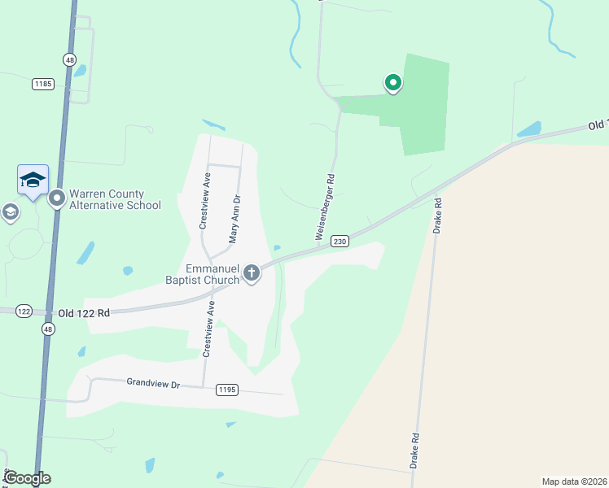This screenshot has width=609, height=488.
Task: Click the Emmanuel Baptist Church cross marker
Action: pyautogui.click(x=252, y=272)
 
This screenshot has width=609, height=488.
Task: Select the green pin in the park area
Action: pyautogui.click(x=392, y=82)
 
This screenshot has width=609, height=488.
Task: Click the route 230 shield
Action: pyautogui.click(x=340, y=241)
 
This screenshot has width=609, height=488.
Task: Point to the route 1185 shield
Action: pyautogui.click(x=43, y=84)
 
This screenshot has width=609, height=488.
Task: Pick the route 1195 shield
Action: pyautogui.click(x=227, y=390)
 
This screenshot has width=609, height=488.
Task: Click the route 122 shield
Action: pyautogui.click(x=23, y=312)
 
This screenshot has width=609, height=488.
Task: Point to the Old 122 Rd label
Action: pyautogui.click(x=83, y=312)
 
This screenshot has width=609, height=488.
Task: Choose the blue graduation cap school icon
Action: pyautogui.click(x=33, y=180)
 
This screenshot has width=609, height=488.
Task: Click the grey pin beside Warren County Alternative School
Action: pyautogui.click(x=57, y=198)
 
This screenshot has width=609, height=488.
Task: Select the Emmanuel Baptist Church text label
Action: pyautogui.click(x=213, y=274)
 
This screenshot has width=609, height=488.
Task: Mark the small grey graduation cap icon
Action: pyautogui.click(x=10, y=213)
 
